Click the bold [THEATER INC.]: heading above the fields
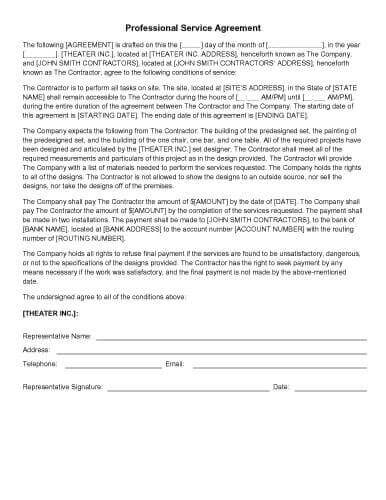(48, 313)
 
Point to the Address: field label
(37, 351)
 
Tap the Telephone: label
(41, 364)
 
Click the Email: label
(174, 364)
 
